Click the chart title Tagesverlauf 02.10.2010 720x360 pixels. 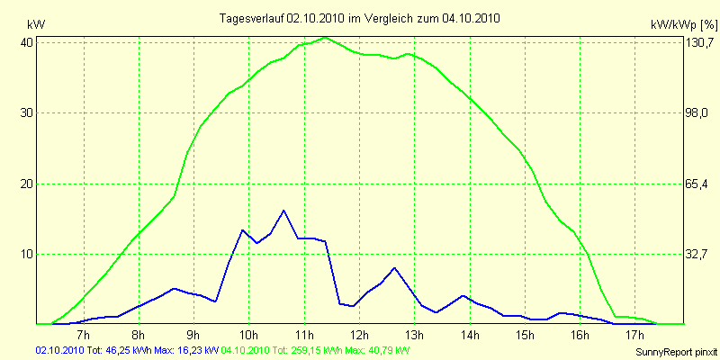360,18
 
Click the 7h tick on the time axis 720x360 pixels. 84,336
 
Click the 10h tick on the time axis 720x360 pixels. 249,336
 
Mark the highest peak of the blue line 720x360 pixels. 283,211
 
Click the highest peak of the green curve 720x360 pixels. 325,38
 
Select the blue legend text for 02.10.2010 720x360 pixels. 126,349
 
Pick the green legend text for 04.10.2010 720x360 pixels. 316,349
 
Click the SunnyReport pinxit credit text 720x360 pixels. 673,350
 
